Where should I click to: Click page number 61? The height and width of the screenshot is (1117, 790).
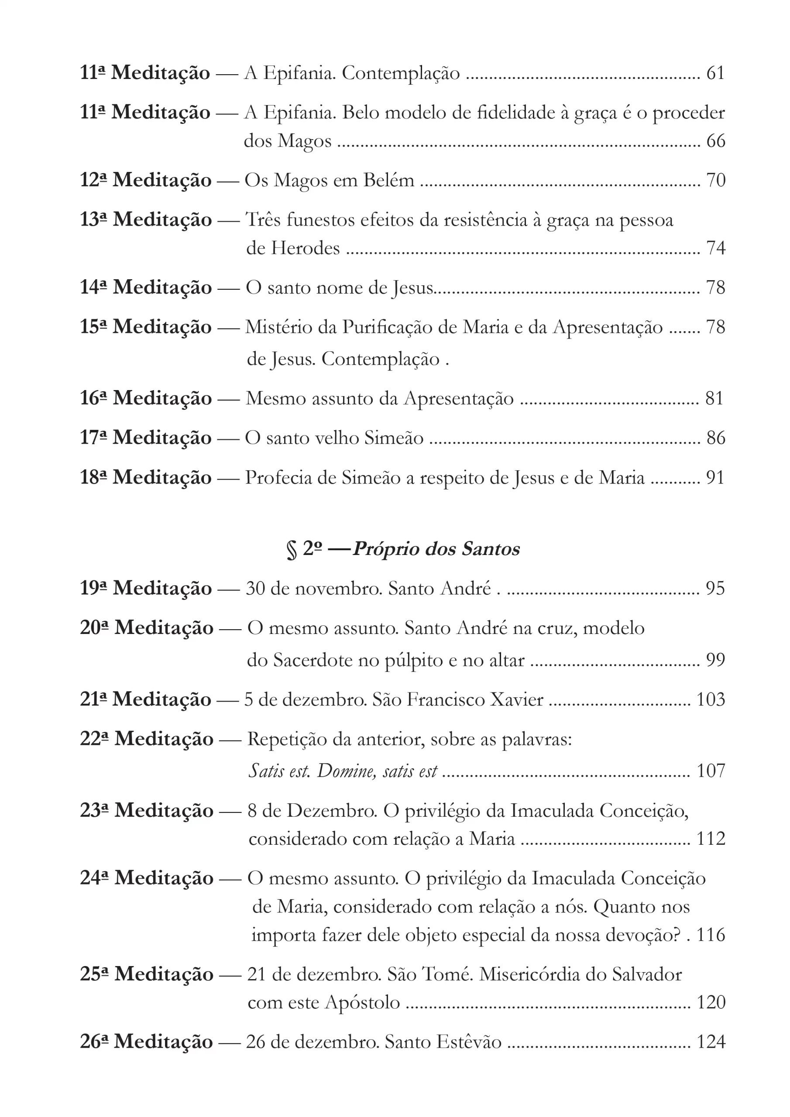(715, 73)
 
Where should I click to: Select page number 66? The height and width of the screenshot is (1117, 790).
(715, 141)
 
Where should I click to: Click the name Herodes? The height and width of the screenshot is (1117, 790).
(305, 249)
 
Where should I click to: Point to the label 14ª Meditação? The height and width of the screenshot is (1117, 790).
(145, 288)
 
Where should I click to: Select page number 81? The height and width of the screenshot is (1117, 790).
(714, 398)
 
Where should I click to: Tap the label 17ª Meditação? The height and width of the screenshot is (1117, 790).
(145, 438)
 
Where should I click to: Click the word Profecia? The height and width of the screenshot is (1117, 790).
(278, 478)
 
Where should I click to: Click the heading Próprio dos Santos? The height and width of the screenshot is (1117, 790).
(436, 549)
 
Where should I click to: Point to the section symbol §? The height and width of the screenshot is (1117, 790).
(292, 550)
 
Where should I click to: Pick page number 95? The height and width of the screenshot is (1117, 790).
(715, 588)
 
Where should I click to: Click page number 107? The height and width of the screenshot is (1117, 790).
(711, 771)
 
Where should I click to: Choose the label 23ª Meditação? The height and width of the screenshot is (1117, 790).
(147, 811)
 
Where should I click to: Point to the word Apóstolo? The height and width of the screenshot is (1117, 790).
(362, 1002)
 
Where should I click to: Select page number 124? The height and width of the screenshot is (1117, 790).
(711, 1042)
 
